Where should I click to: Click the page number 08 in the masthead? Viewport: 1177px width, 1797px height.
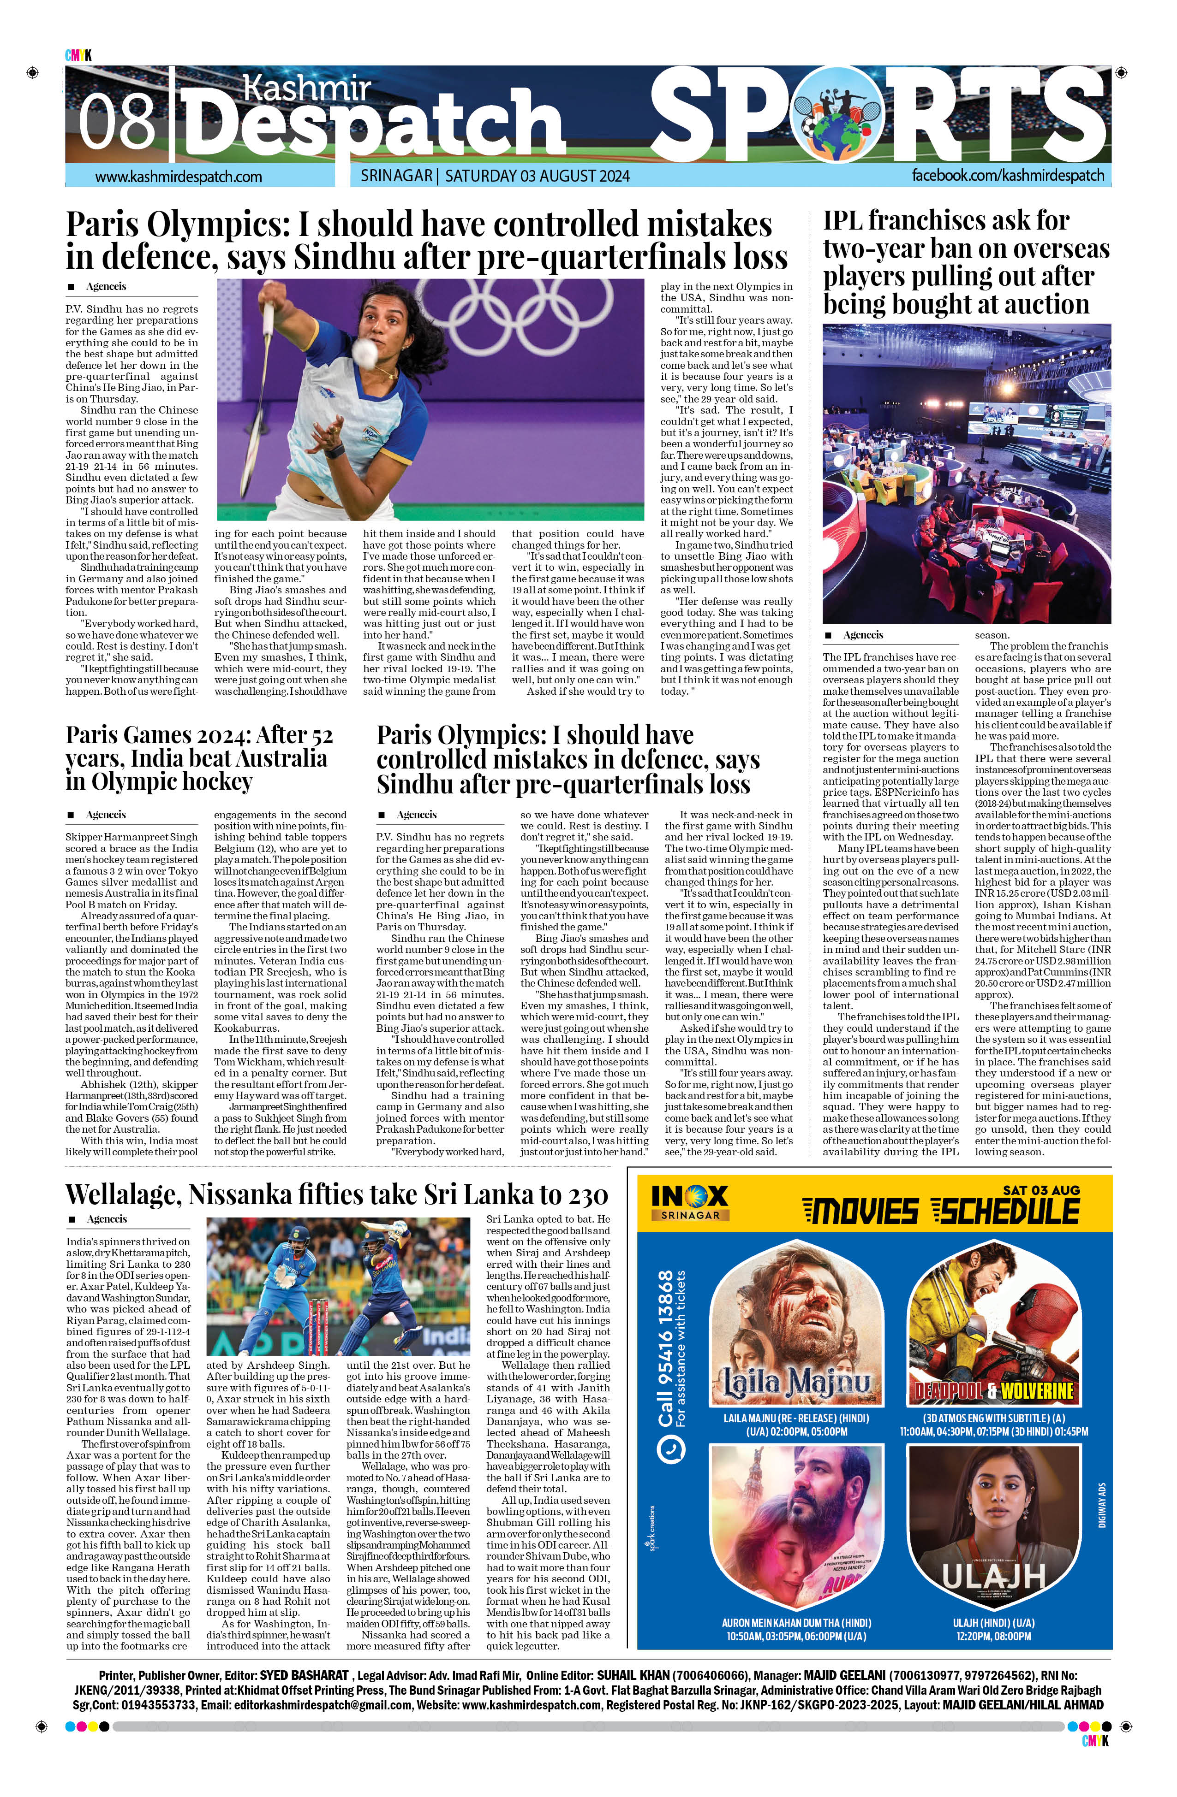point(117,121)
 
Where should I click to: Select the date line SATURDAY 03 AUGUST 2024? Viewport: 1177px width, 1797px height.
point(537,177)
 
